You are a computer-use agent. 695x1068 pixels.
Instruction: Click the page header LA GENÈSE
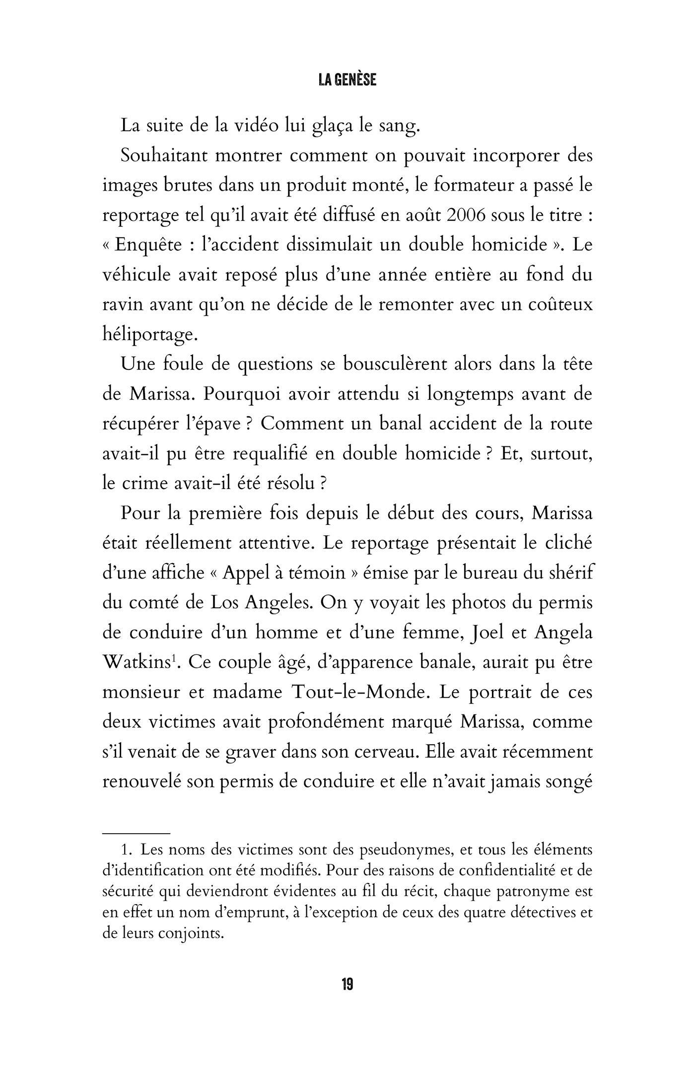(x=347, y=79)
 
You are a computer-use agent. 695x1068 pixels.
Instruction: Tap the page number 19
(x=347, y=984)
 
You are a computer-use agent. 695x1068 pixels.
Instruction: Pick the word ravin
(x=121, y=304)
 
